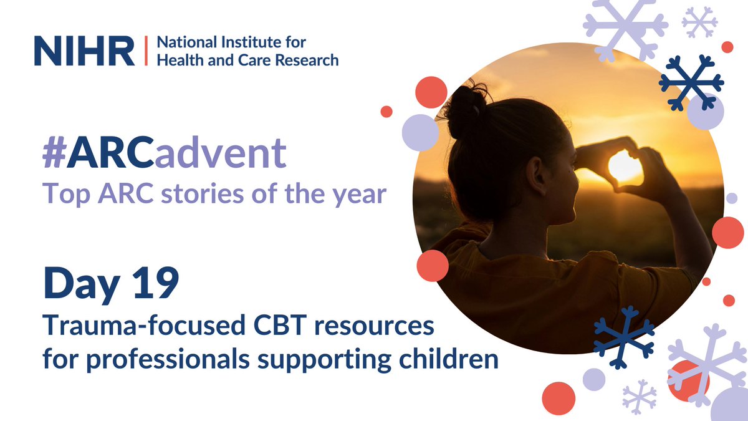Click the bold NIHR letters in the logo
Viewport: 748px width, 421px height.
[84, 51]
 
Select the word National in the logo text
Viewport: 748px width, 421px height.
[181, 44]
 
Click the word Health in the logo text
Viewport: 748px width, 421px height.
[177, 60]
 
